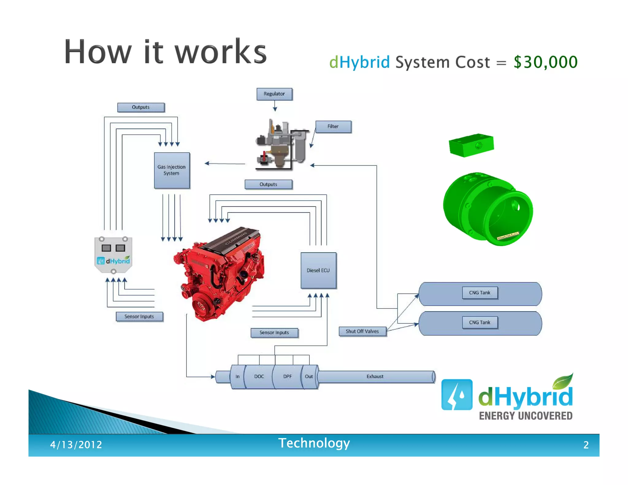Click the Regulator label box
[x=274, y=94]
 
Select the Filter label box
[x=333, y=127]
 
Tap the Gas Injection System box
[x=172, y=170]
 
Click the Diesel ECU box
[x=318, y=270]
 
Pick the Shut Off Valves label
[x=362, y=331]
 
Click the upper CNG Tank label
[x=480, y=293]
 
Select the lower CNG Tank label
[x=480, y=323]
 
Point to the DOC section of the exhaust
[x=259, y=376]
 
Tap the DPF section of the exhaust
[x=287, y=376]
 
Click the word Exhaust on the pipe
[x=375, y=376]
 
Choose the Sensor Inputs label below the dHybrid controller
[x=139, y=316]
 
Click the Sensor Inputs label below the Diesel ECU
[x=274, y=333]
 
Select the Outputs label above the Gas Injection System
[x=141, y=107]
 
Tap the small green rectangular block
[x=471, y=145]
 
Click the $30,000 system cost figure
[x=546, y=62]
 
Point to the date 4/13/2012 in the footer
[x=76, y=445]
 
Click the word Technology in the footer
[x=314, y=443]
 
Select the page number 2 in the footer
[x=586, y=445]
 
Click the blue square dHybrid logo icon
[x=457, y=395]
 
